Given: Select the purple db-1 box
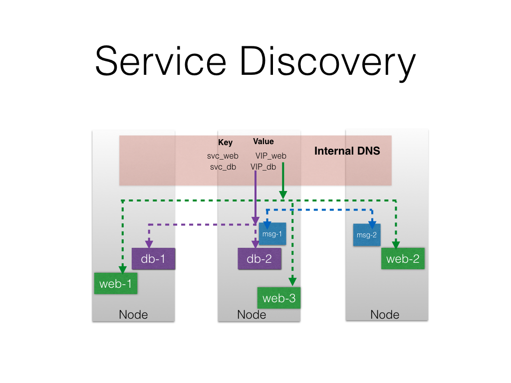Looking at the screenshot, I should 153,259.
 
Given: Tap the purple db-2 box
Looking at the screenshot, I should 259,259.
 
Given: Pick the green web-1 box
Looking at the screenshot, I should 116,283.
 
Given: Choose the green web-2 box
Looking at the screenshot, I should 403,258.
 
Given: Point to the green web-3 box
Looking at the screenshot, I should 278,298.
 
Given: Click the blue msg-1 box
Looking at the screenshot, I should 272,234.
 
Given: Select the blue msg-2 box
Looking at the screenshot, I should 367,235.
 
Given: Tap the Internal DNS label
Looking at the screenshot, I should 347,151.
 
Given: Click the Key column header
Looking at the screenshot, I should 226,143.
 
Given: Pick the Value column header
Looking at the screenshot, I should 263,142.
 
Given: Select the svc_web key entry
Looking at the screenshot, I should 223,156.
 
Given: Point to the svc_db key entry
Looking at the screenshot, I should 223,167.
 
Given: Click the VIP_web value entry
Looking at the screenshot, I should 271,156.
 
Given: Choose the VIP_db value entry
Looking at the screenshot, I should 263,167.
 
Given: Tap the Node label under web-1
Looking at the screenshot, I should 133,315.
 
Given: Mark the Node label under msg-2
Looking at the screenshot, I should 385,315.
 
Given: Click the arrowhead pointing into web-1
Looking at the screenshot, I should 122,270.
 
